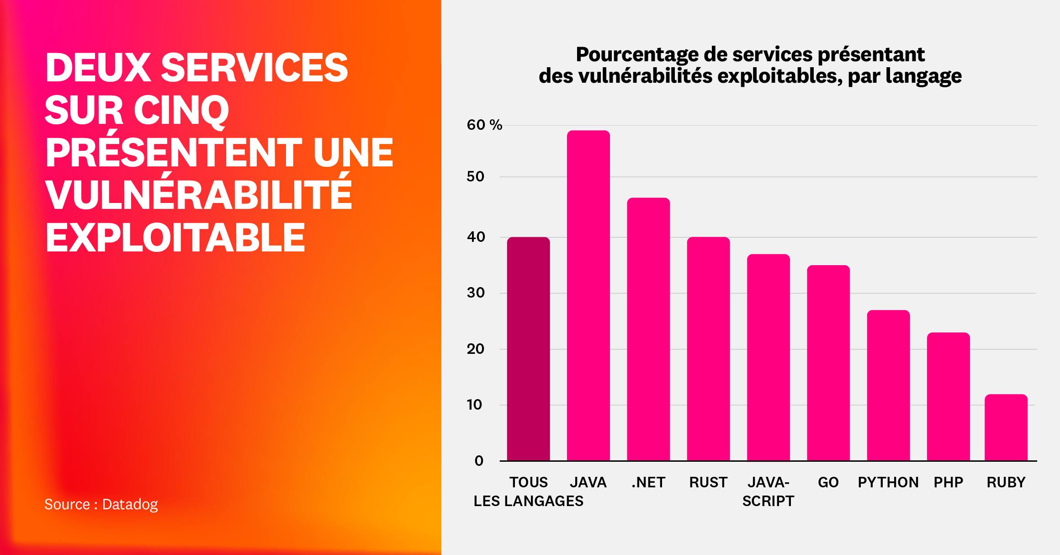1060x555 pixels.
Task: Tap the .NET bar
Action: click(648, 329)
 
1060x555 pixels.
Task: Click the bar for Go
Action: click(828, 363)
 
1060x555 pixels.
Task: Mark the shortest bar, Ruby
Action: click(1006, 427)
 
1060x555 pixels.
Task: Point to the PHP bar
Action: click(948, 396)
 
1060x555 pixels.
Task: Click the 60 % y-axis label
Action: click(484, 125)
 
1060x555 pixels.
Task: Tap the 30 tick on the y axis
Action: click(476, 293)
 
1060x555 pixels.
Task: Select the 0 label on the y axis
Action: click(479, 460)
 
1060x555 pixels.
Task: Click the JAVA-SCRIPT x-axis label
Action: click(768, 491)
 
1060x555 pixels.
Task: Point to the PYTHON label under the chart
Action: click(888, 482)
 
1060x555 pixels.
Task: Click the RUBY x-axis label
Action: click(1006, 482)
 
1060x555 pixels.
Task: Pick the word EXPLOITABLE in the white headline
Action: click(175, 238)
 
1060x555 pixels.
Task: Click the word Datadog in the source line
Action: click(130, 504)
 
